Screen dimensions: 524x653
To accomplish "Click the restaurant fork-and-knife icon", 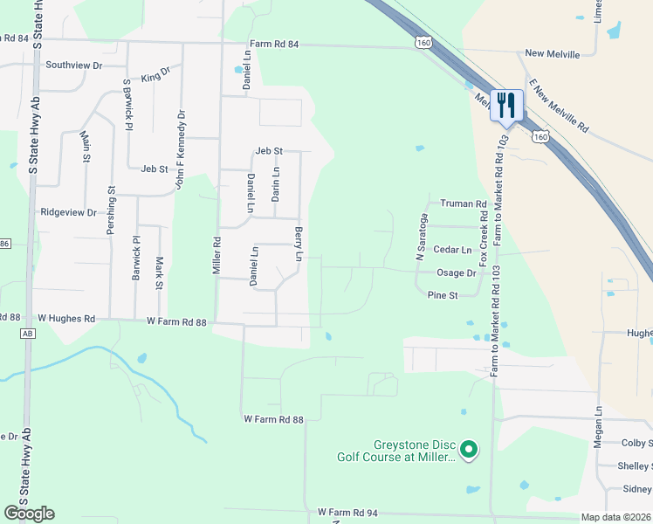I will click(506, 106).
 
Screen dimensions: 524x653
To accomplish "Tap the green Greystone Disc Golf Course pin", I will click(469, 450).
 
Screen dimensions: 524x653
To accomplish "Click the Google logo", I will click(29, 513).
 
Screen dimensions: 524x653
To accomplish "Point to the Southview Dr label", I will click(74, 65).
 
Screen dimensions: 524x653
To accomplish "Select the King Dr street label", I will click(155, 77).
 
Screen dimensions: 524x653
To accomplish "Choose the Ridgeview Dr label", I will click(68, 212).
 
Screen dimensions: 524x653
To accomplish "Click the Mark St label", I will click(159, 272).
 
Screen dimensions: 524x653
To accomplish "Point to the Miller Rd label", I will click(217, 254).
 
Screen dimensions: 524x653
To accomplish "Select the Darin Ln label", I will click(276, 184).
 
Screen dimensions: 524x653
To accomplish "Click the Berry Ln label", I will click(299, 245).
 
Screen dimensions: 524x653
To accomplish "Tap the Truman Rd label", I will click(463, 203).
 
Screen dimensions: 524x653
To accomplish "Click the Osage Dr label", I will click(456, 273).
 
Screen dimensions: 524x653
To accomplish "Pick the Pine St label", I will click(443, 296).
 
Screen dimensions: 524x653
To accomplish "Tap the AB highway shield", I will click(27, 334).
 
